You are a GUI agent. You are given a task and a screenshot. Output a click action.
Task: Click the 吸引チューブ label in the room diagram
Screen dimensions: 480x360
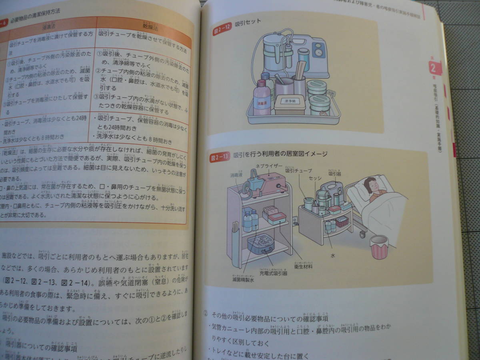click(298, 171)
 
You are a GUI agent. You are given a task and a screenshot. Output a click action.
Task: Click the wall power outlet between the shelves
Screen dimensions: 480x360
click(295, 219)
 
